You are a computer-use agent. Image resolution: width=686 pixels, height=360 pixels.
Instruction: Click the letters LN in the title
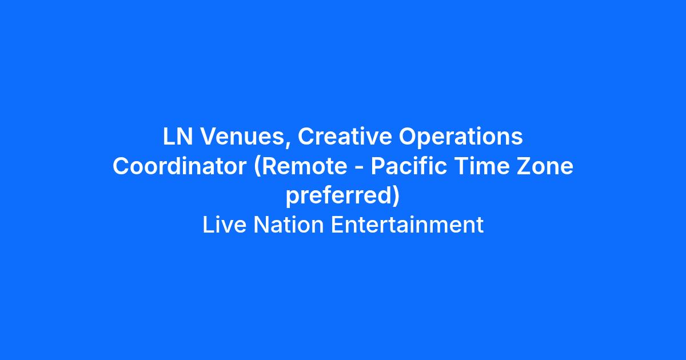[x=178, y=136]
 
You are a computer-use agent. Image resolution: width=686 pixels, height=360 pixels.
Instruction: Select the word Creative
[x=345, y=136]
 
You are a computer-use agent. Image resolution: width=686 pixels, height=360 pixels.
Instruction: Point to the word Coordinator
[x=180, y=166]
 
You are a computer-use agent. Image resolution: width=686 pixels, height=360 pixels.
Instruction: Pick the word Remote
[x=305, y=166]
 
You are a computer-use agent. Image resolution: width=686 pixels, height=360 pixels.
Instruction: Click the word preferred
[x=338, y=196]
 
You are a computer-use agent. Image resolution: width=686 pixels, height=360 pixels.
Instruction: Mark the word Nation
[x=289, y=225]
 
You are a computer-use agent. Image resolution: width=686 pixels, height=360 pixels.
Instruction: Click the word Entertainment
[x=407, y=225]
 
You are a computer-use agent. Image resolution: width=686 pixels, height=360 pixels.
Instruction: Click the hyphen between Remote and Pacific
[x=359, y=168]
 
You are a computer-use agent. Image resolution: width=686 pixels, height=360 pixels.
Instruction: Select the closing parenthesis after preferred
[x=396, y=196]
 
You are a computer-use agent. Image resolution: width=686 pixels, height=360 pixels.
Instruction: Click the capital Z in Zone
[x=524, y=166]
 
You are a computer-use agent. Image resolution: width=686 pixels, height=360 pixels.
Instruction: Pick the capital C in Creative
[x=306, y=136]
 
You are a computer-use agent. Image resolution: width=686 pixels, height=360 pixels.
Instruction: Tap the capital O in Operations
[x=408, y=136]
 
